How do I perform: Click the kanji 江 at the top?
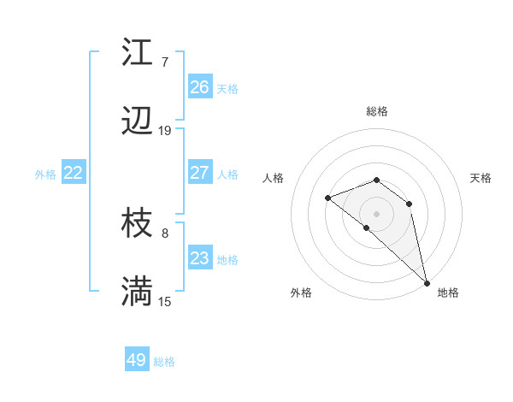[x=137, y=53]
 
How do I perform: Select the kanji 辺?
[x=137, y=122]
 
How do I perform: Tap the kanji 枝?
[x=137, y=224]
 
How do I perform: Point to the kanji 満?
[x=137, y=293]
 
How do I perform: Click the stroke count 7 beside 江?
[x=165, y=62]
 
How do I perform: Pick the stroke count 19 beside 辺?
[x=165, y=131]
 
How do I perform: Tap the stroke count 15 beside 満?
[x=165, y=301]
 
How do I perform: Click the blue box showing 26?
[x=200, y=87]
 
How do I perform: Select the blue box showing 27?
[x=200, y=173]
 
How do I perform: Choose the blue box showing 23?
[x=200, y=258]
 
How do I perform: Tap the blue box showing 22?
[x=74, y=173]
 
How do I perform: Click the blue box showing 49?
[x=137, y=360]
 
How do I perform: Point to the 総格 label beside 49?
[x=164, y=362]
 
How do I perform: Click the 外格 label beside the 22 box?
[x=45, y=174]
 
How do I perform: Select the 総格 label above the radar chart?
[x=377, y=111]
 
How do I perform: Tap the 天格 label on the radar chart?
[x=481, y=178]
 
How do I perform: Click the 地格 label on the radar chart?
[x=448, y=293]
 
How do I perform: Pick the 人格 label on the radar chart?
[x=274, y=178]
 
